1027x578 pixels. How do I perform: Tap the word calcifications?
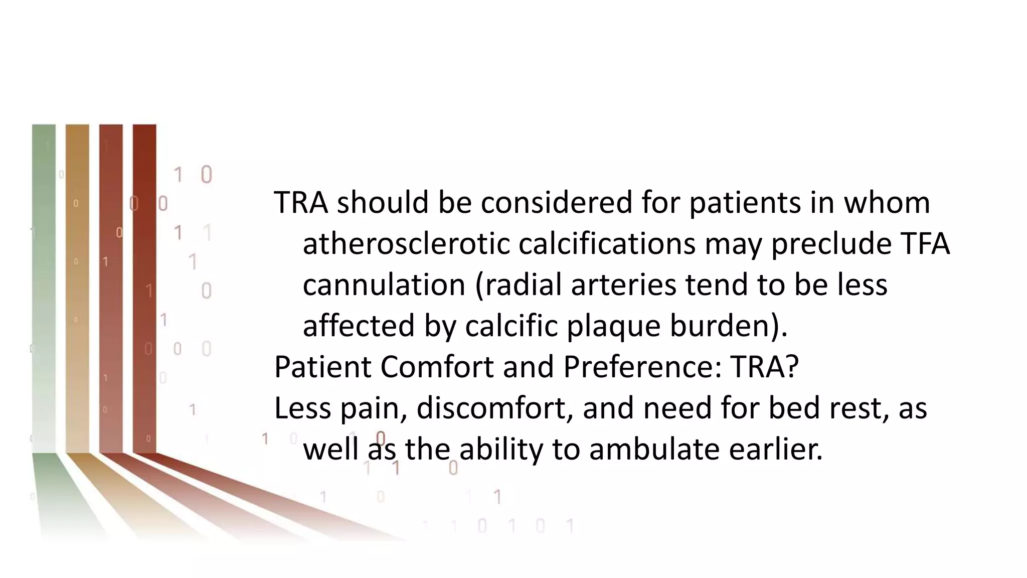[607, 244]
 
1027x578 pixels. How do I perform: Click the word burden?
[721, 327]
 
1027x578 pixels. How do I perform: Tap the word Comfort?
[437, 367]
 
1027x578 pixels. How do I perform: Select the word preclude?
[831, 244]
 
